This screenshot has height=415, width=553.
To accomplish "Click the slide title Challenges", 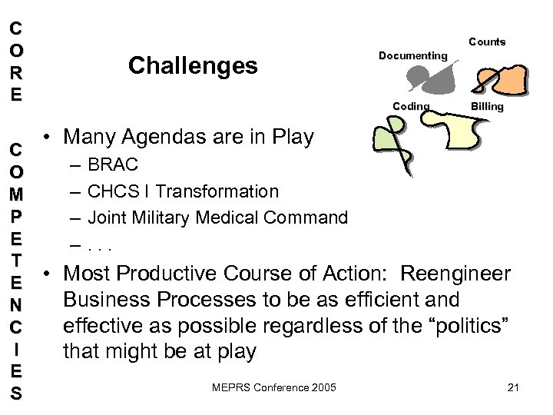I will (x=193, y=66).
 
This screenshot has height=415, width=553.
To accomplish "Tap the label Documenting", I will (x=413, y=55).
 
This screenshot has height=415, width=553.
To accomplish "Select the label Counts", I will (x=487, y=41).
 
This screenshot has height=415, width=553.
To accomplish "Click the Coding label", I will (x=411, y=106).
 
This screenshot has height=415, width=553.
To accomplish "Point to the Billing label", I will (x=487, y=106).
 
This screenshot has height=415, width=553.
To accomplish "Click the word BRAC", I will (x=113, y=164).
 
